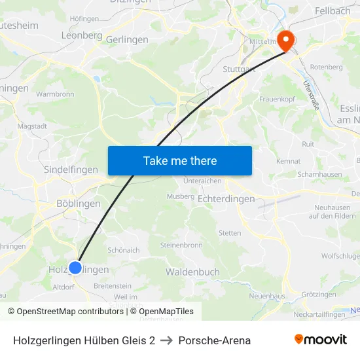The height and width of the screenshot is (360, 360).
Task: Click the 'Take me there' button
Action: (x=180, y=160)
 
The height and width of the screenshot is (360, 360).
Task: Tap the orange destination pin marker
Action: (x=286, y=41)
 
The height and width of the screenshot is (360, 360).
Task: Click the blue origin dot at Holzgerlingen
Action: (x=75, y=267)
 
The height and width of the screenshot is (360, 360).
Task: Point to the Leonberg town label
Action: (x=81, y=35)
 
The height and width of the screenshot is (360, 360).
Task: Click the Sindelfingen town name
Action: (x=70, y=170)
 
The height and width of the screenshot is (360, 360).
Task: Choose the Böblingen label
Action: (x=79, y=204)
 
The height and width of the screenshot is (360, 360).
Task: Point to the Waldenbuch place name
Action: (x=192, y=272)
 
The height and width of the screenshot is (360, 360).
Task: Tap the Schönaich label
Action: (x=124, y=250)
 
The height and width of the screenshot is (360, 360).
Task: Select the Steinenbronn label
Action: (x=181, y=245)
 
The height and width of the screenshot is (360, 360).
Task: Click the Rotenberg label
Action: (x=326, y=67)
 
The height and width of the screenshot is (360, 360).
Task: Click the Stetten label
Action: (x=230, y=233)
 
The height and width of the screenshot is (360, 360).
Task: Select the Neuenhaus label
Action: (x=267, y=297)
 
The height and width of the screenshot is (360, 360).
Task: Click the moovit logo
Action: (x=321, y=340)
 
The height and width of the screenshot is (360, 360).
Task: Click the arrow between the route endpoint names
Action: (x=167, y=340)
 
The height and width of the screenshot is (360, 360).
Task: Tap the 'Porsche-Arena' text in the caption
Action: (x=214, y=340)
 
